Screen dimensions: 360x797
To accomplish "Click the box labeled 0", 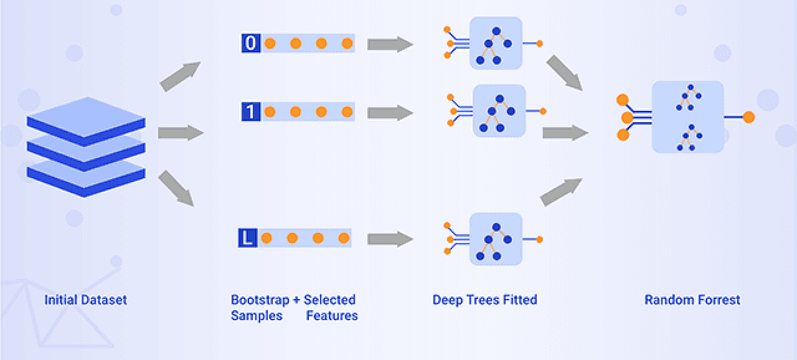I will pyautogui.click(x=250, y=44).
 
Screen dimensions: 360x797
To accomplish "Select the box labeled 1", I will pyautogui.click(x=250, y=112).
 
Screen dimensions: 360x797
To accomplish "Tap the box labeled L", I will pyautogui.click(x=247, y=238).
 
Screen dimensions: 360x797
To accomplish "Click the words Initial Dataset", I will pyautogui.click(x=86, y=300).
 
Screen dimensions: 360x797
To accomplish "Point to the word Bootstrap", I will pyautogui.click(x=260, y=300).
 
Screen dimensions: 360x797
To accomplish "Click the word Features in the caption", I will pyautogui.click(x=331, y=315).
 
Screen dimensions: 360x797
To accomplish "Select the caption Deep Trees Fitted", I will pyautogui.click(x=484, y=300).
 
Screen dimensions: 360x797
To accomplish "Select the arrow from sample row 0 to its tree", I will pyautogui.click(x=390, y=45).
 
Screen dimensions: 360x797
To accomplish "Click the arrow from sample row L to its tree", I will pyautogui.click(x=390, y=238).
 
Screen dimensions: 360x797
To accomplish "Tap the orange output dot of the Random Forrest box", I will pyautogui.click(x=749, y=118).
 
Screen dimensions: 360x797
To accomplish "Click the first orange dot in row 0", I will pyautogui.click(x=270, y=44).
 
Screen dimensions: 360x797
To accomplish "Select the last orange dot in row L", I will pyautogui.click(x=343, y=238).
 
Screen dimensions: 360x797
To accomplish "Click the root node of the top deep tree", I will pyautogui.click(x=495, y=31).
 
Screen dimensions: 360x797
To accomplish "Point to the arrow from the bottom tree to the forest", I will pyautogui.click(x=561, y=192).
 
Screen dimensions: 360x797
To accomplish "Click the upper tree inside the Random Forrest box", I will pyautogui.click(x=691, y=98).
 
